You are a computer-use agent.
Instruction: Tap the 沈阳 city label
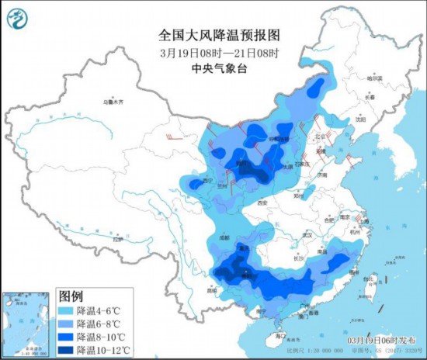(x=359, y=120)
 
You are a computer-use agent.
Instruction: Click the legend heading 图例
(x=71, y=296)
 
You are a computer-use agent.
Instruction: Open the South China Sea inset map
(x=27, y=324)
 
